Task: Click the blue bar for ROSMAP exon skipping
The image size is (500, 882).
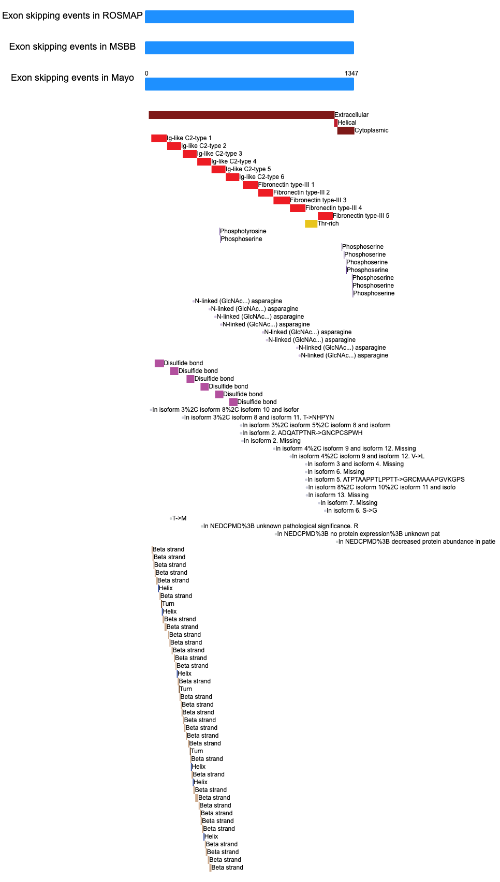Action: [x=249, y=17]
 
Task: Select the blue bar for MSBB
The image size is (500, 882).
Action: [x=249, y=48]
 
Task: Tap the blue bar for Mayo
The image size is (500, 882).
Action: [x=249, y=84]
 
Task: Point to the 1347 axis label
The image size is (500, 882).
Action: [x=351, y=73]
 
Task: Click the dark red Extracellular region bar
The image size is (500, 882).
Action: [x=242, y=115]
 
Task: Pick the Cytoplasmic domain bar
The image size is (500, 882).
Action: [x=346, y=130]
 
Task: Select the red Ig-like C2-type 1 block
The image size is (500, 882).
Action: [x=159, y=138]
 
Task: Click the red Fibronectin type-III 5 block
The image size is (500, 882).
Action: [x=326, y=216]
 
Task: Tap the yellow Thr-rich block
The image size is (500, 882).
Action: [x=311, y=223]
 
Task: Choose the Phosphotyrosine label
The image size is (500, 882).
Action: [x=243, y=231]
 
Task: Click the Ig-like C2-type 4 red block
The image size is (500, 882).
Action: [x=204, y=161]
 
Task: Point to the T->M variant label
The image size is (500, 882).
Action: [x=179, y=518]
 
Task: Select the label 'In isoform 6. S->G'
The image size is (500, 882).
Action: [x=352, y=511]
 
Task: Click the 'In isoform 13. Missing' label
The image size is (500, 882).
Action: [x=339, y=495]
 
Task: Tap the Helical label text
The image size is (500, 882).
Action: [x=347, y=123]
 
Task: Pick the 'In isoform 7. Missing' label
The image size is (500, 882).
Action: [x=349, y=503]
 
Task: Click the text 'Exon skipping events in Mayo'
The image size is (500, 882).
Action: [x=72, y=78]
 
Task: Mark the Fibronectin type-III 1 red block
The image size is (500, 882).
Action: [x=251, y=185]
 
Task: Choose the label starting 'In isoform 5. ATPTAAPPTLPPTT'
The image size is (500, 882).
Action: [x=386, y=480]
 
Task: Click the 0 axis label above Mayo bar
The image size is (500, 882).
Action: [x=146, y=73]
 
